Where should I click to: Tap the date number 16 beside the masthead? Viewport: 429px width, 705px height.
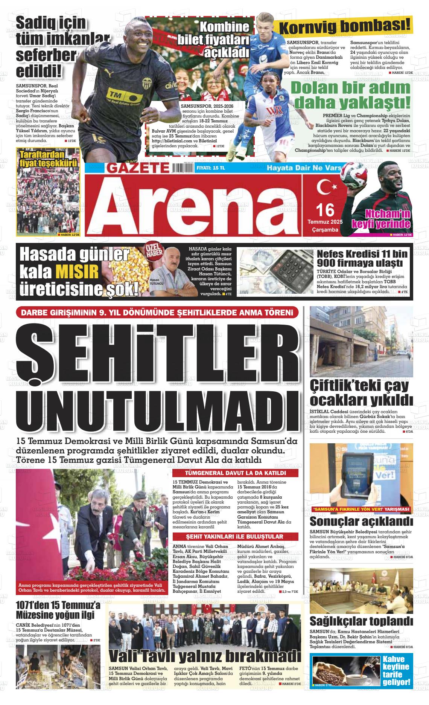(325, 209)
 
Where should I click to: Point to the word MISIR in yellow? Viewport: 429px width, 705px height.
(77, 272)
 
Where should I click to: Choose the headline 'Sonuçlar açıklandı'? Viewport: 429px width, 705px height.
(361, 522)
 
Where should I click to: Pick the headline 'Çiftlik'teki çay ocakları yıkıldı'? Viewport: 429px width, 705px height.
(361, 393)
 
